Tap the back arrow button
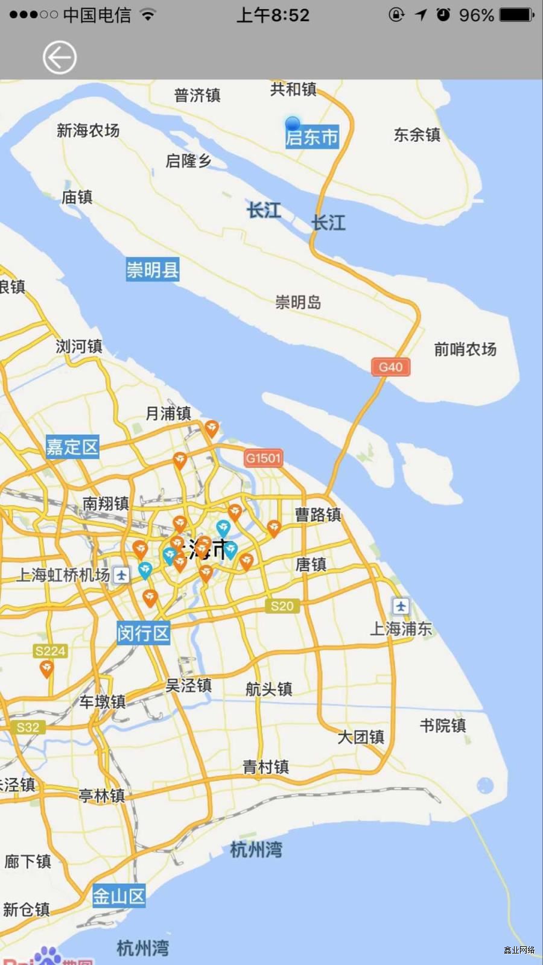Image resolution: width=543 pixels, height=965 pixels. tap(59, 58)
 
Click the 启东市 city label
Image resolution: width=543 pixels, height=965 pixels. tap(312, 138)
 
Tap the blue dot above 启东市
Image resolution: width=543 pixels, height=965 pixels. tap(293, 123)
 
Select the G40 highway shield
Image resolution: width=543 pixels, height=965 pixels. tap(390, 367)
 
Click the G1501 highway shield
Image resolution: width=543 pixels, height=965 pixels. tap(263, 458)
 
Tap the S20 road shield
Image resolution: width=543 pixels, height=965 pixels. tap(282, 606)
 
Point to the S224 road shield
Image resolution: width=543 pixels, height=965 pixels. tap(50, 651)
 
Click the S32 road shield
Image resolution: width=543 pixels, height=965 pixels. tap(28, 727)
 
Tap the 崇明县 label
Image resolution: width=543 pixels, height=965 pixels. tap(152, 270)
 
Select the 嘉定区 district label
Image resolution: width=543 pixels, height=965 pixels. tap(72, 447)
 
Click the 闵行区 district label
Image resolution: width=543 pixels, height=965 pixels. tap(143, 633)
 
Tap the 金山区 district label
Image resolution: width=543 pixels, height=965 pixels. tap(119, 897)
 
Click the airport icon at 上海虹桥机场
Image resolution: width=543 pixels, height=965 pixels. tap(121, 575)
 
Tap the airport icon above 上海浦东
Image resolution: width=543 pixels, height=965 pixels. tap(401, 606)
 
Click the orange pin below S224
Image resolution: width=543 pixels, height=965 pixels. tap(46, 668)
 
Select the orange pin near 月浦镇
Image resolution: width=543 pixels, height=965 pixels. tap(211, 429)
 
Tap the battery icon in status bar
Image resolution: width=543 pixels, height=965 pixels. tap(516, 14)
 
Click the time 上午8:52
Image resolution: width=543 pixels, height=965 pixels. tap(273, 15)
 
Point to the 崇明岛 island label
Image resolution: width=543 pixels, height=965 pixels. tap(298, 302)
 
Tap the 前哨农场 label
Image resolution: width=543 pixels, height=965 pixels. tap(465, 349)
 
